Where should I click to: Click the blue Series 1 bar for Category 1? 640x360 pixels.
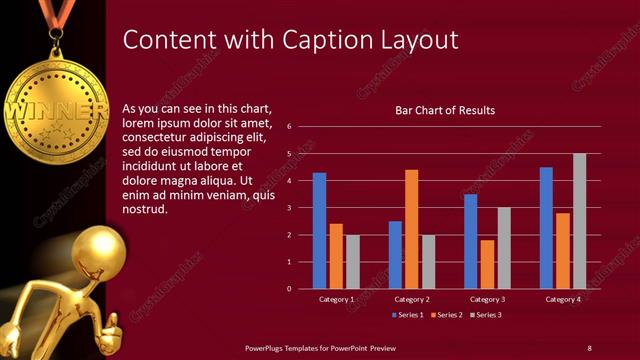319,231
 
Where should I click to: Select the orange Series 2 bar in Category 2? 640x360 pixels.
411,229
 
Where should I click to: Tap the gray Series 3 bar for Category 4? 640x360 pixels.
579,221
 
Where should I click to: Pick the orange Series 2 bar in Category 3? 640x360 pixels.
487,264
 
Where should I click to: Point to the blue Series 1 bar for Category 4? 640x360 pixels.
546,228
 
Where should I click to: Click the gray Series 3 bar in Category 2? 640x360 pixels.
428,262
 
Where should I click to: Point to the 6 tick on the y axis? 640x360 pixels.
288,127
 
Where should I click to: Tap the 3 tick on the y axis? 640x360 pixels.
288,208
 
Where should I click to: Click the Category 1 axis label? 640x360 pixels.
336,299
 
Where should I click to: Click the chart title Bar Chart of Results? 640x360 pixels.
446,110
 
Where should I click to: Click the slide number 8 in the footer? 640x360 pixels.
589,347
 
